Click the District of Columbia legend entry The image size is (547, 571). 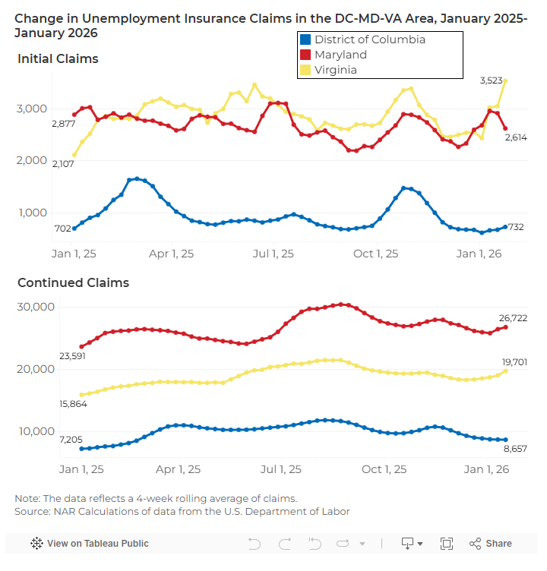click(369, 39)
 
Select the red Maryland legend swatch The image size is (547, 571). click(305, 55)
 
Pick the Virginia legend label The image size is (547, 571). click(336, 70)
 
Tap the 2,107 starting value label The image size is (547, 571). click(63, 164)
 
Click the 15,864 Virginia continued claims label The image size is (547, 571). click(73, 404)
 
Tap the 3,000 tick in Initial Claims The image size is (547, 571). click(33, 109)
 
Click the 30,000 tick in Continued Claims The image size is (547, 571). click(36, 307)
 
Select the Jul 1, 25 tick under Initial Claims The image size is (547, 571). click(274, 254)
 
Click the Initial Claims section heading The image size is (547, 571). click(58, 58)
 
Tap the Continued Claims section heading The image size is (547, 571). click(73, 282)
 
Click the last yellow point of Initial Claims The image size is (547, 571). click(505, 80)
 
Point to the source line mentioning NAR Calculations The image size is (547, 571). click(182, 511)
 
